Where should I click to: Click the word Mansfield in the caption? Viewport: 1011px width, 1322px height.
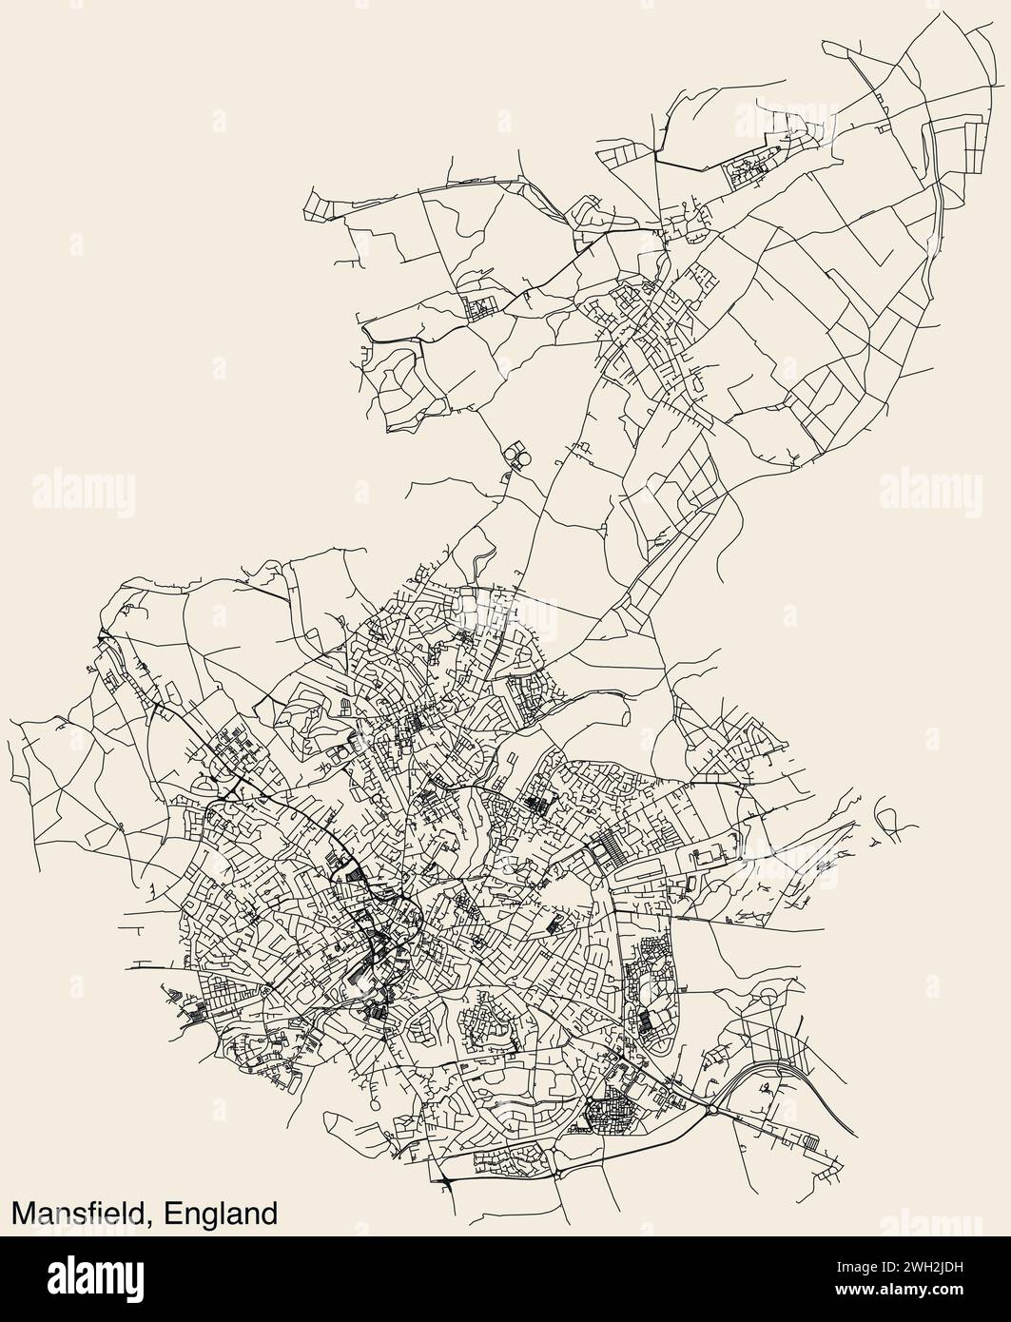pos(81,1215)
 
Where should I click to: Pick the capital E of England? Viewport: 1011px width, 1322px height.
pos(171,1215)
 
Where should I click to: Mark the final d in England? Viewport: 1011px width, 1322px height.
pos(271,1215)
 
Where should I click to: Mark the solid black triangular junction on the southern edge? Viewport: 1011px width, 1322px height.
pos(446,1180)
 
